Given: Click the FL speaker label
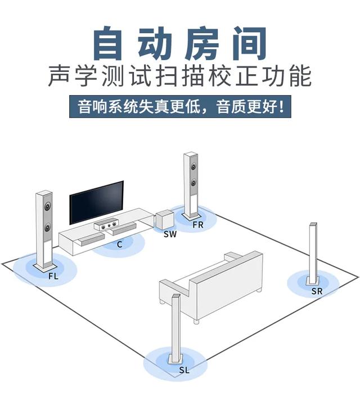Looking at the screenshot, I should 53,276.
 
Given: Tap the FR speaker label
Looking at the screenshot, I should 197,224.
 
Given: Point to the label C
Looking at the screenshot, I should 119,244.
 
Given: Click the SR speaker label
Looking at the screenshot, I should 317,291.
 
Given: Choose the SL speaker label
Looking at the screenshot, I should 184,370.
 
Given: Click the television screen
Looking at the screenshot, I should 96,201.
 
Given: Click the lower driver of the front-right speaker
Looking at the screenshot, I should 194,183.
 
